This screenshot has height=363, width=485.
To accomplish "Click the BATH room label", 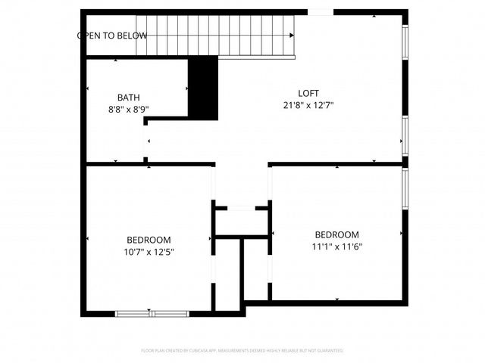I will pyautogui.click(x=128, y=98).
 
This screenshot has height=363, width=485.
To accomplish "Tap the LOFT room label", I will pyautogui.click(x=308, y=93).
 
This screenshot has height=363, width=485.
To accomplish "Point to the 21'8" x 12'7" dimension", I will pyautogui.click(x=308, y=105).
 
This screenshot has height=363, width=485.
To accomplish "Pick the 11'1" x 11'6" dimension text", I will pyautogui.click(x=336, y=247).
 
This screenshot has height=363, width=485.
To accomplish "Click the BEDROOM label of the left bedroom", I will pyautogui.click(x=149, y=240).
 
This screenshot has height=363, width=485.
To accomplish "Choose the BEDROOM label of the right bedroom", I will pyautogui.click(x=336, y=234).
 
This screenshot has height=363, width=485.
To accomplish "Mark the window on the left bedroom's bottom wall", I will pyautogui.click(x=152, y=312).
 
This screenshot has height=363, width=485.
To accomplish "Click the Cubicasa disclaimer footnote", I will pyautogui.click(x=242, y=351).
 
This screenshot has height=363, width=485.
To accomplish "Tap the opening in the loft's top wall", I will pyautogui.click(x=319, y=12).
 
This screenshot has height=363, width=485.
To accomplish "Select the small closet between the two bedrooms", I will pyautogui.click(x=242, y=221).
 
